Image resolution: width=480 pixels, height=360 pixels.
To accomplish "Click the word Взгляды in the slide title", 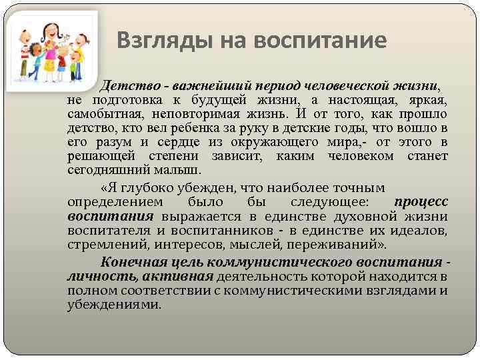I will [x=150, y=41].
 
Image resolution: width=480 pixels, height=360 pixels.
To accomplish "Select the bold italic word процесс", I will [x=421, y=201].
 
